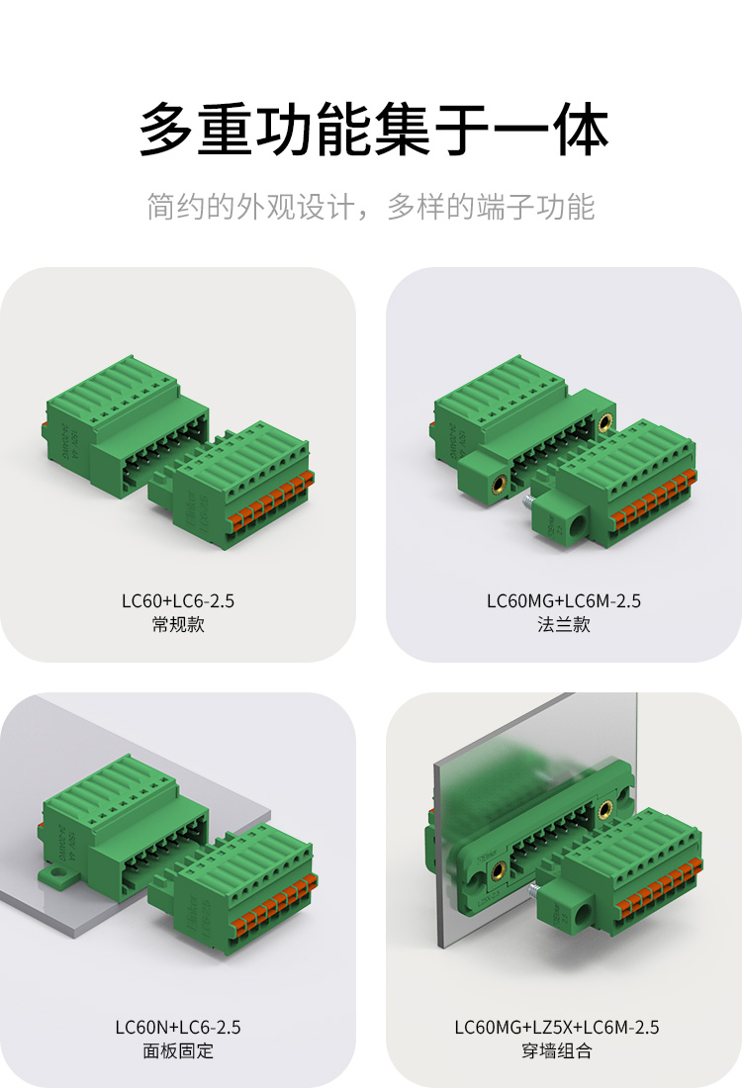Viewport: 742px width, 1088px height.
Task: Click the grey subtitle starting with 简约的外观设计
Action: click(x=371, y=207)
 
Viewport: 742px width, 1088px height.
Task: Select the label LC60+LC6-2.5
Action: click(x=178, y=600)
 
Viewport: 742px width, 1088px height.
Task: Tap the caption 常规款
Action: click(x=178, y=624)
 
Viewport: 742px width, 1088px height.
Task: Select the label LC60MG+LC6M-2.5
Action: click(x=564, y=600)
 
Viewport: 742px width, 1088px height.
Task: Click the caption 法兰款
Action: click(x=564, y=624)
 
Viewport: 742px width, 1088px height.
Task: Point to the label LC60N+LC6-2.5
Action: click(x=178, y=1027)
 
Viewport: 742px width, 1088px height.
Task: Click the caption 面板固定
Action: click(x=178, y=1050)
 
